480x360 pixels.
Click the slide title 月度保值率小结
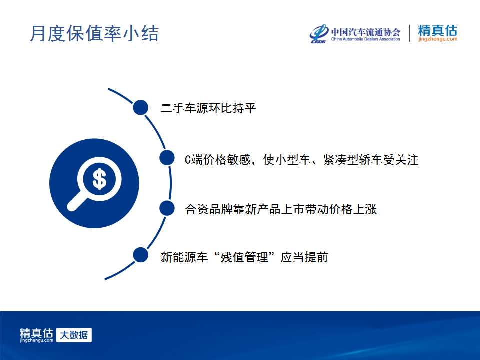(x=94, y=33)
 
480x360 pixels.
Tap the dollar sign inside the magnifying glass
(x=99, y=179)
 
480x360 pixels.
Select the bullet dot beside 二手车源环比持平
(x=141, y=108)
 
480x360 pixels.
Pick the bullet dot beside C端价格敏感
(x=167, y=158)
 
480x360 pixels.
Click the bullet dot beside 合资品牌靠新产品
(x=167, y=208)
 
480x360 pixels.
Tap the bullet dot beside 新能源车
(x=141, y=255)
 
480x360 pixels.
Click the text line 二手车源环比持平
(x=208, y=108)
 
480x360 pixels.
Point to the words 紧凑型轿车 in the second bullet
(x=353, y=160)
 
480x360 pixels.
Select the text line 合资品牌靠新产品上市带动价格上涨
(x=280, y=209)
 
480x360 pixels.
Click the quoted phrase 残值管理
(x=244, y=257)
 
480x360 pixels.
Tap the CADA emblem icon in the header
(x=319, y=33)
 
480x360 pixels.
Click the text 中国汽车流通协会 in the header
(x=366, y=32)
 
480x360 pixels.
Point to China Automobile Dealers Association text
(x=366, y=39)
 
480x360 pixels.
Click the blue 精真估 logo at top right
(x=438, y=30)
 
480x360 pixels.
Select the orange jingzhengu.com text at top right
(x=438, y=39)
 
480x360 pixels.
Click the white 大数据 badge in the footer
(x=74, y=335)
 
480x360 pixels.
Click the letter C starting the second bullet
(x=188, y=160)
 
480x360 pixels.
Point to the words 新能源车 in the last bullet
(x=184, y=257)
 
